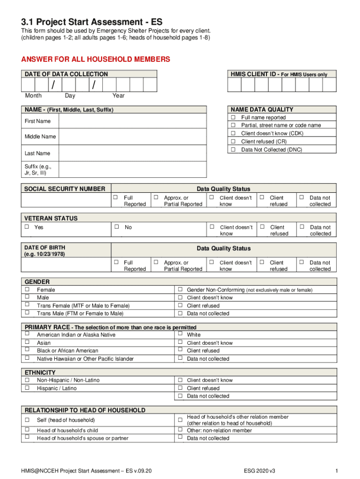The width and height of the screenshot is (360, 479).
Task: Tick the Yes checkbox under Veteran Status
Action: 27,227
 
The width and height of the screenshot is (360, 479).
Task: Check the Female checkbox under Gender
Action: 27,290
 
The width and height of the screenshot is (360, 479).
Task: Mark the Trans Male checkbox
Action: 27,312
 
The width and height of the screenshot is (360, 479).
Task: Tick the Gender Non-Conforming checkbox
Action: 180,290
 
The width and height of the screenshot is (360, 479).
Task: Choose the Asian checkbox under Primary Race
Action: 27,342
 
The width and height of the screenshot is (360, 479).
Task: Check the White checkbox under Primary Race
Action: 180,334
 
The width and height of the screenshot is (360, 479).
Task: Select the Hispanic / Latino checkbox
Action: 27,388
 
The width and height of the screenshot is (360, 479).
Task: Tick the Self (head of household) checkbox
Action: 27,420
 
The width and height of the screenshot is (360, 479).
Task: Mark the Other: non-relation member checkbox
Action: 180,430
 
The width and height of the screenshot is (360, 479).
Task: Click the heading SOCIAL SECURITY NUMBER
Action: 65,189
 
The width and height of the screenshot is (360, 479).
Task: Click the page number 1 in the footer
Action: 336,470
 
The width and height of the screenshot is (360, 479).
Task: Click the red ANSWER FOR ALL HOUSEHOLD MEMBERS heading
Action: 95,59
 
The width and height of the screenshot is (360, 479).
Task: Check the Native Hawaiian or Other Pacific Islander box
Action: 27,358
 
